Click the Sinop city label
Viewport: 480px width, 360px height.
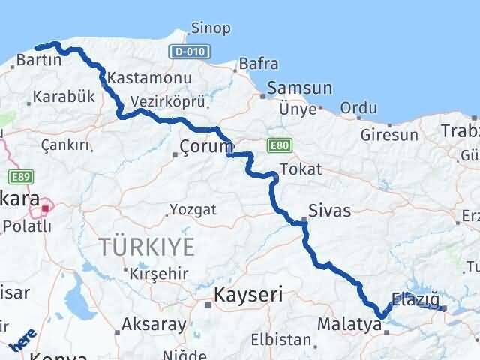coord(212,28)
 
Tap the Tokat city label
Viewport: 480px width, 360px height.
coord(301,169)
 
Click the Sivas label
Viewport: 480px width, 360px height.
coord(328,211)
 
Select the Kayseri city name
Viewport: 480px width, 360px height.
coord(248,295)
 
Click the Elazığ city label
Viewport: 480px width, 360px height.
coord(415,298)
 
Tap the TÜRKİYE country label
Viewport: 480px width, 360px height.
coord(147,246)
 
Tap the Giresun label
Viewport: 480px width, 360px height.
coord(389,136)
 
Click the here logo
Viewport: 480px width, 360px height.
coord(22,341)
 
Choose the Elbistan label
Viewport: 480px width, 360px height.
coord(280,339)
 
